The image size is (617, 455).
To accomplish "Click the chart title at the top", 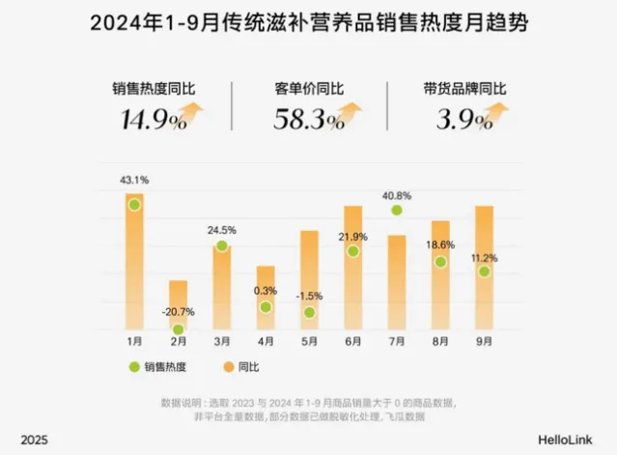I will tap(309, 21).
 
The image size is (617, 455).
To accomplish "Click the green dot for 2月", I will tap(178, 329).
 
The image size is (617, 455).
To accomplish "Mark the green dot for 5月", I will tap(309, 313).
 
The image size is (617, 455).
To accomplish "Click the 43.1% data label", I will tap(134, 181).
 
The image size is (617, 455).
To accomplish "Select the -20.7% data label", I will tap(179, 312).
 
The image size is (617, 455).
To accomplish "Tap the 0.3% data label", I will tap(266, 290).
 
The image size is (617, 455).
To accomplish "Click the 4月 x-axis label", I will tap(266, 341).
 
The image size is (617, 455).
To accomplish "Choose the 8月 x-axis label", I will tap(440, 341).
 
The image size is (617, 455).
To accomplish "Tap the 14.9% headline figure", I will tap(154, 120).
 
